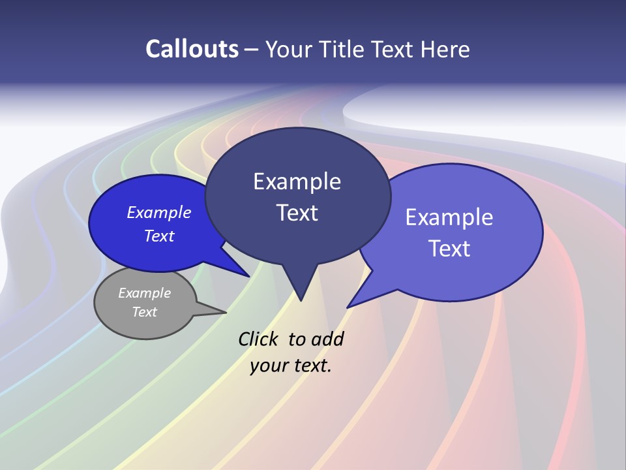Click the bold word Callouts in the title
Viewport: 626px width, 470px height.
tap(192, 49)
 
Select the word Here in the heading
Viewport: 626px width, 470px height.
tap(446, 49)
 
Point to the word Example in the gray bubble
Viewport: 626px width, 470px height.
tap(144, 293)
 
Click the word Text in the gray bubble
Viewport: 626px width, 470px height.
tap(144, 312)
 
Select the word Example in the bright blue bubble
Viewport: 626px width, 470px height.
tap(158, 212)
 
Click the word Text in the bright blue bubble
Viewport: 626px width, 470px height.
tap(158, 236)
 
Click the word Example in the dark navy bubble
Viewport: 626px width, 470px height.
tap(297, 181)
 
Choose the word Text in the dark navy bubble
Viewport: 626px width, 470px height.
tap(297, 213)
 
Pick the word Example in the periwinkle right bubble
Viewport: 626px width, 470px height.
tap(449, 217)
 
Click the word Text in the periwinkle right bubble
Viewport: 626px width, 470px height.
tap(449, 248)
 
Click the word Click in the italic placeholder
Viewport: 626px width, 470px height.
tap(260, 339)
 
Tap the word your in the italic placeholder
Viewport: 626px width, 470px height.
tap(269, 366)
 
